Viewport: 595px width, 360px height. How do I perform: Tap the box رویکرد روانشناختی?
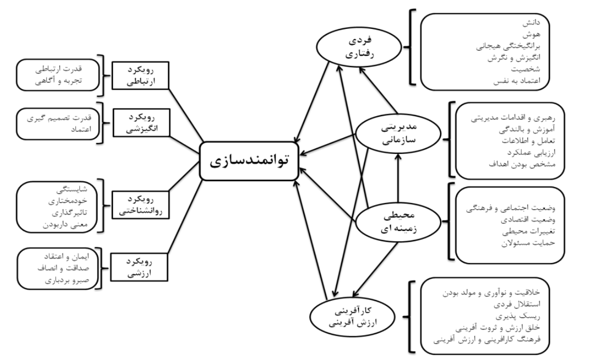pos(139,204)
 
